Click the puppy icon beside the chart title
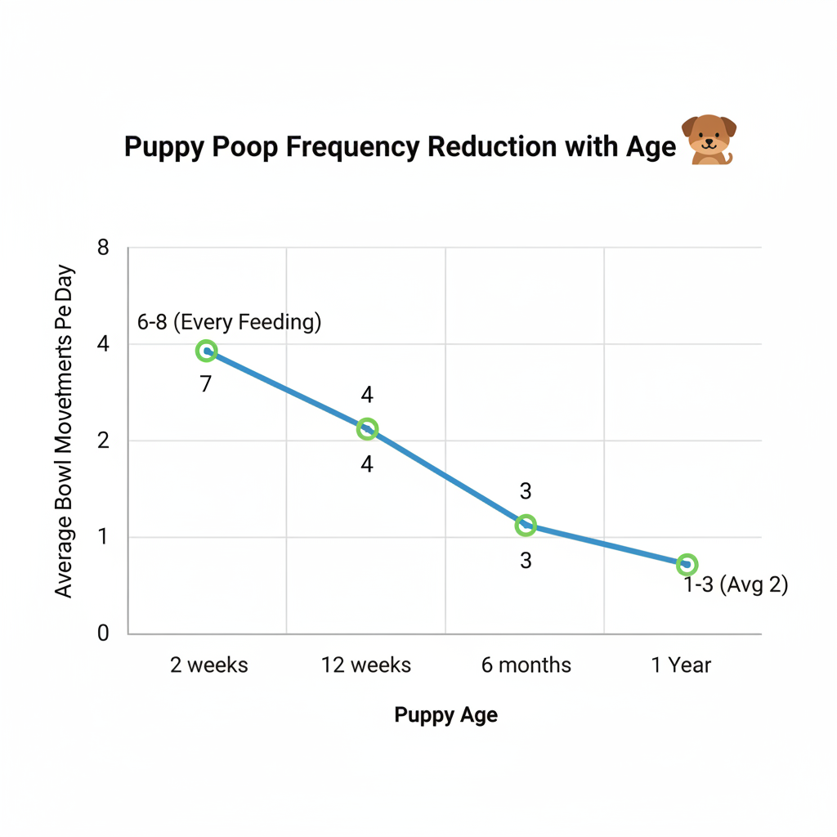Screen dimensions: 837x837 (709, 140)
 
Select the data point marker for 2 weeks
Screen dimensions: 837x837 (207, 351)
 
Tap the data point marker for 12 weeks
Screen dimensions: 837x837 (367, 428)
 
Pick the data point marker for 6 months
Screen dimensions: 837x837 (526, 526)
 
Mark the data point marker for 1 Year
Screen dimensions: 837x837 (687, 564)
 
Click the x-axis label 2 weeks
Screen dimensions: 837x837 (208, 665)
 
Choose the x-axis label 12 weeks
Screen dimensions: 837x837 (367, 665)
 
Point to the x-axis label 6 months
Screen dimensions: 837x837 (526, 665)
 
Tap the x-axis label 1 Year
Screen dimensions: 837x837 (681, 665)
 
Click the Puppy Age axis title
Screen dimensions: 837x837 (445, 715)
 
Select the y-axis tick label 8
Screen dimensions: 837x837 (103, 248)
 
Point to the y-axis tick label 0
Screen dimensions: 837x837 (103, 633)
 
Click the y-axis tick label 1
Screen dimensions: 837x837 (103, 538)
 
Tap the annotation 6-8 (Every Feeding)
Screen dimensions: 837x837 (229, 322)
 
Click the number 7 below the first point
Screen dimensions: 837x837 (206, 383)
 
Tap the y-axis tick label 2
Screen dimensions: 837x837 (103, 441)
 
